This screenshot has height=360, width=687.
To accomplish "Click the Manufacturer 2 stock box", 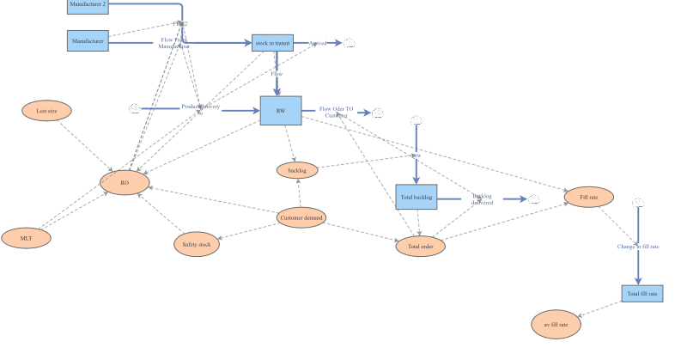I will [x=88, y=6].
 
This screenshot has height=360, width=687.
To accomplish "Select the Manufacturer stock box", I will [x=88, y=40].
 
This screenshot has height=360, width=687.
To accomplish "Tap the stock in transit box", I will [x=273, y=43].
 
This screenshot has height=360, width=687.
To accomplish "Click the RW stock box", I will [x=281, y=111].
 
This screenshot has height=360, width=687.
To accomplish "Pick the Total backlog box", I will [x=416, y=198].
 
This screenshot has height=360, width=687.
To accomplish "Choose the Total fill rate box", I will [x=642, y=294].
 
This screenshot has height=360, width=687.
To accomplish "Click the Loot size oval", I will [x=46, y=111].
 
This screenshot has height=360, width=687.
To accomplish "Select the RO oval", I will [x=125, y=182].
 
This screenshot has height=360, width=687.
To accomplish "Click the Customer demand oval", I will [x=301, y=219].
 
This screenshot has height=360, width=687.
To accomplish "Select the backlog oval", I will [x=297, y=170].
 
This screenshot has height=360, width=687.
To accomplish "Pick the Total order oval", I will [x=420, y=247].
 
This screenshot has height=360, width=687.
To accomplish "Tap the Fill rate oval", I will [x=589, y=198].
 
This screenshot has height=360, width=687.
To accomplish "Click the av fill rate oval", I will [x=556, y=325].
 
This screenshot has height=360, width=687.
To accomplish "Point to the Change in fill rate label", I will [x=637, y=247].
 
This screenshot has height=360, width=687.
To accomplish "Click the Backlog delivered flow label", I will [x=482, y=199].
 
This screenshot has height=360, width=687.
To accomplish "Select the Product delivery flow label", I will [x=201, y=107].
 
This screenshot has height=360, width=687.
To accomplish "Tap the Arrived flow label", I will [x=319, y=43].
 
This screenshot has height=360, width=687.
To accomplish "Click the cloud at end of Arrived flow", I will [x=350, y=43].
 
